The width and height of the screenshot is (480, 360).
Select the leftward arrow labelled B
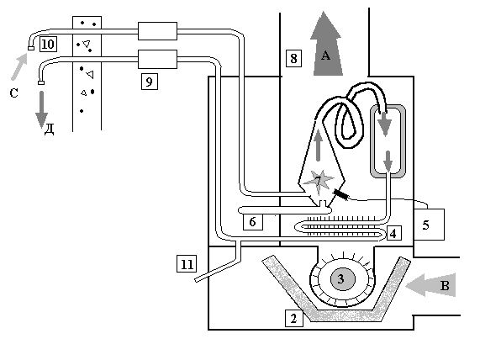[x=431, y=285]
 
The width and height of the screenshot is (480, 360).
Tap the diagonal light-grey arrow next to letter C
[x=19, y=66]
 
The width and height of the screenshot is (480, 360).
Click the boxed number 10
[x=48, y=44]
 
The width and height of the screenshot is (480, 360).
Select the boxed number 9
[x=150, y=82]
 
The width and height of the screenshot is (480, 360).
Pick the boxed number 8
[x=293, y=58]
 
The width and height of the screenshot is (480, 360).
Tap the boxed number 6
[x=252, y=221]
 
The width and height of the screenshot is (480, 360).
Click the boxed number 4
[x=393, y=234]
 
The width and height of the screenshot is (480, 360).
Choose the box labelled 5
[x=429, y=225]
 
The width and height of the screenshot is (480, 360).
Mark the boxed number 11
[x=187, y=264]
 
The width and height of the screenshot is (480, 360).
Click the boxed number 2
[x=294, y=318]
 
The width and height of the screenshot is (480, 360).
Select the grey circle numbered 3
[x=342, y=279]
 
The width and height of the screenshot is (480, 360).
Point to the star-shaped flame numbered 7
[x=319, y=181]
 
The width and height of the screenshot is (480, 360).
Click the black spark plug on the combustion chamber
[x=340, y=194]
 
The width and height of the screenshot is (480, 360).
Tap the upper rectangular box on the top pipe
[x=157, y=31]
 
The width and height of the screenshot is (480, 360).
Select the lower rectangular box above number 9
[x=157, y=59]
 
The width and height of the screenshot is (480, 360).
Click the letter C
[x=13, y=93]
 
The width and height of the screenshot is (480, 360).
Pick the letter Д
[x=49, y=129]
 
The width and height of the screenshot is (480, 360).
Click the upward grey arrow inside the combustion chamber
[x=319, y=146]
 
